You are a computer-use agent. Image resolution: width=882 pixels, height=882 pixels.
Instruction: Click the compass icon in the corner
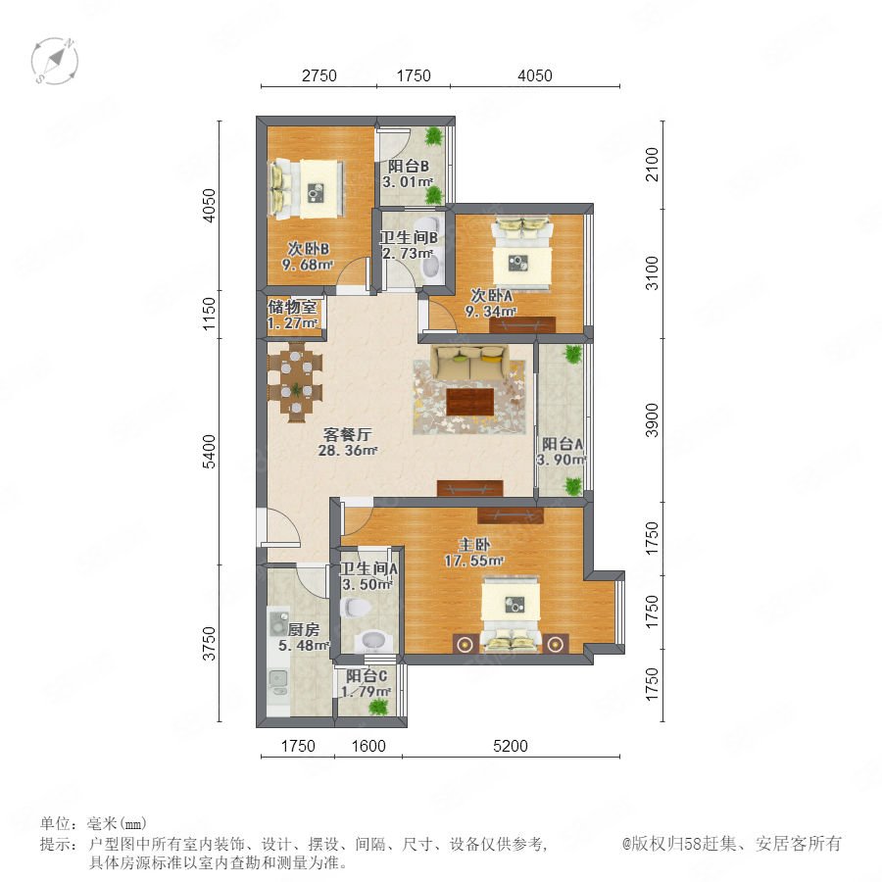coord(55,61)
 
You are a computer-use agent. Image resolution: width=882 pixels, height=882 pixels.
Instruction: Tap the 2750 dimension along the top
coord(318,75)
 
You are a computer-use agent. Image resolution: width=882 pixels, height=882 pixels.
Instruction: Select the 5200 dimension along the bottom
coord(511,746)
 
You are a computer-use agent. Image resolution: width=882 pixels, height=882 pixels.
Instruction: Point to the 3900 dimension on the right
coord(652,419)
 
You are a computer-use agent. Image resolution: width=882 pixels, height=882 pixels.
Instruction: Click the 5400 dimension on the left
coord(209,451)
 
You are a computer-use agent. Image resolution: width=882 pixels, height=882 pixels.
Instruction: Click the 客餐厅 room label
coord(347,434)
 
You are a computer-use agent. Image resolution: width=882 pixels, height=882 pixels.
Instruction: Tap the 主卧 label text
coord(474,545)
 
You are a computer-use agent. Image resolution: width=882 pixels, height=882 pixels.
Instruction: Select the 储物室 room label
coord(292,307)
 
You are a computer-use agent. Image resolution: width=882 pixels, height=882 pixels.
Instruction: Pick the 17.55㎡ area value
coord(473,561)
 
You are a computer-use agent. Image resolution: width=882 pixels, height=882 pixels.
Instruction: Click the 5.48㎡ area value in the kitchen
coord(304,645)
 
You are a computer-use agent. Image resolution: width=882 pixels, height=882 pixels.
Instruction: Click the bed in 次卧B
coord(307,189)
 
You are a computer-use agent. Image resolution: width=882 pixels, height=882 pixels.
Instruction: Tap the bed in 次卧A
coord(521,253)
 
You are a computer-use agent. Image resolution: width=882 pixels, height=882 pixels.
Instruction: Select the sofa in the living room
coord(469,364)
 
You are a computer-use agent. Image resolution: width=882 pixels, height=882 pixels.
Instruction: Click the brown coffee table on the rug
coord(470,402)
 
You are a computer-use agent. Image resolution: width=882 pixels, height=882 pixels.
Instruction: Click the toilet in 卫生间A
coord(356,608)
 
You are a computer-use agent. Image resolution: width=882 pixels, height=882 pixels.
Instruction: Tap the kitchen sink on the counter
coord(278,682)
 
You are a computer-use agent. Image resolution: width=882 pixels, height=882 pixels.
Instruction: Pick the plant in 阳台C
coord(379,706)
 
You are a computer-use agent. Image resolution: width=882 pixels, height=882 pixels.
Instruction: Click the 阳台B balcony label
coord(409,166)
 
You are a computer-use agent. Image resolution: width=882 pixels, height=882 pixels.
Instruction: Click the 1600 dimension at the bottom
coord(368,746)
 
